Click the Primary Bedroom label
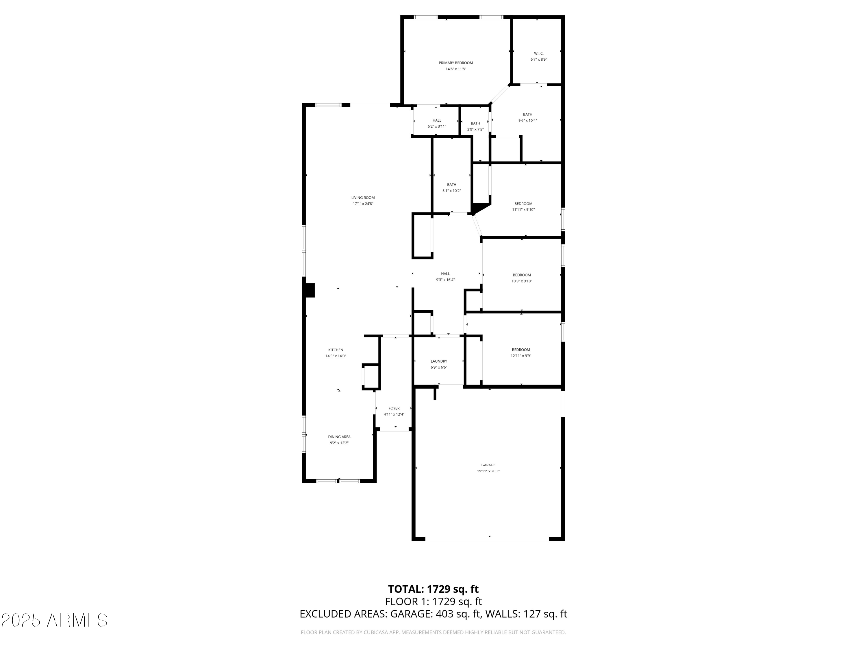point(455,63)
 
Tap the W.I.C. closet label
point(538,53)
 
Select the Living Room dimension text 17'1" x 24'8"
point(363,204)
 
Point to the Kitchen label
point(336,350)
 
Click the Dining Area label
point(339,437)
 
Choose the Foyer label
point(394,408)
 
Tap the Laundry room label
point(439,361)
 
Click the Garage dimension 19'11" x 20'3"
point(488,471)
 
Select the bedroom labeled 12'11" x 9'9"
point(520,353)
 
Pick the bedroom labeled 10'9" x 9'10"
point(522,278)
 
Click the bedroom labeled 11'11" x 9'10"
point(523,207)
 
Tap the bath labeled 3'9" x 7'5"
point(475,126)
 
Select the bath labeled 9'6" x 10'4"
point(527,118)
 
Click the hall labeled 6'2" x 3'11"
point(437,123)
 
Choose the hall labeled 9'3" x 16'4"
point(445,277)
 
